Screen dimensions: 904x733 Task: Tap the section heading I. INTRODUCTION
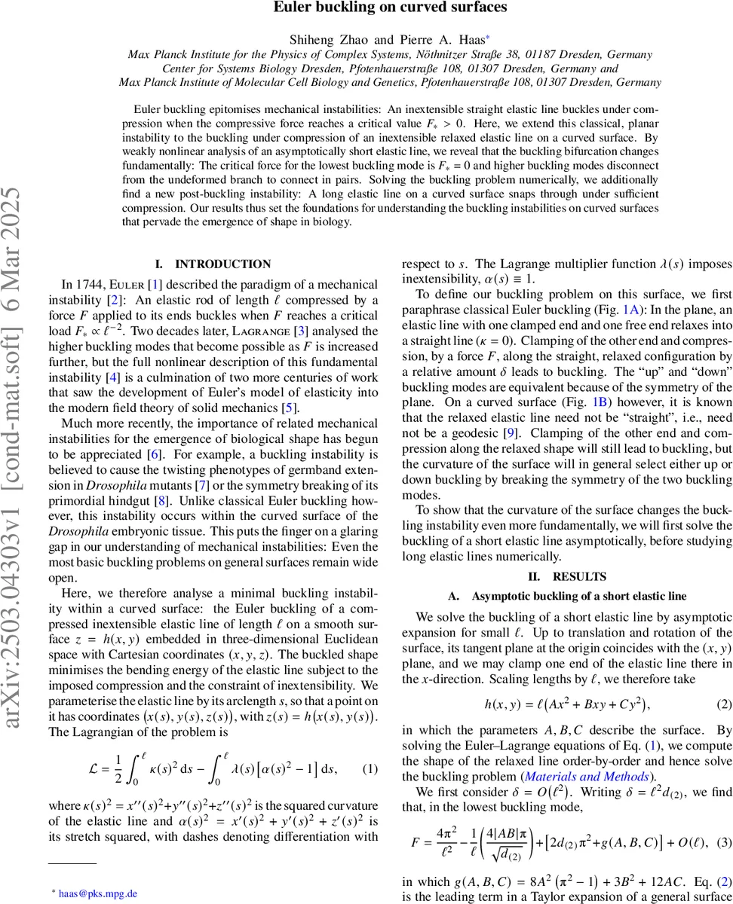tap(213, 264)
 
